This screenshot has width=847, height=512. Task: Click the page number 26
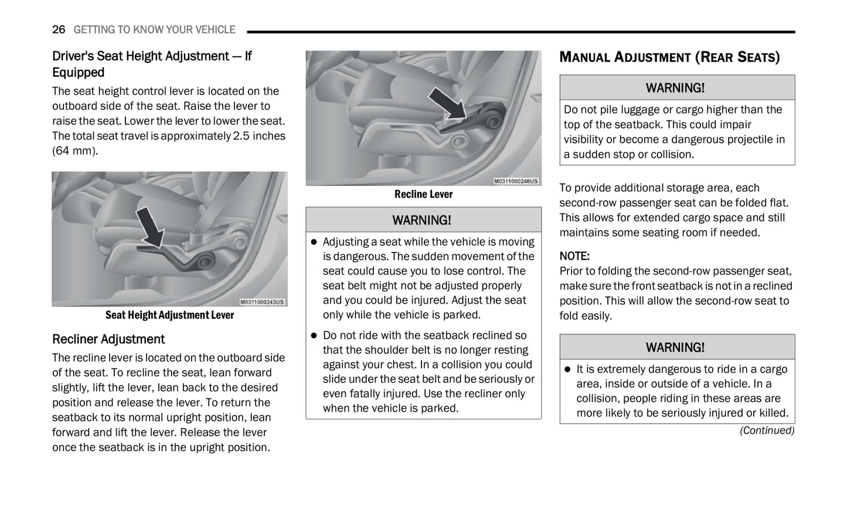click(59, 30)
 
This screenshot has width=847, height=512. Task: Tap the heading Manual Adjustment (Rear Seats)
click(669, 57)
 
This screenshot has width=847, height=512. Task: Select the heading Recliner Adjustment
click(108, 339)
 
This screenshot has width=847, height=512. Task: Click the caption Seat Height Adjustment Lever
click(169, 315)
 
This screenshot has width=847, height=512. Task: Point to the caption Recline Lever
click(423, 194)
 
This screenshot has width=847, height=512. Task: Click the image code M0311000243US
click(262, 302)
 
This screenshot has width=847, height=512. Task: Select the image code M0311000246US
click(515, 182)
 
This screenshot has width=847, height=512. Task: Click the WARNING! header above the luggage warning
click(675, 88)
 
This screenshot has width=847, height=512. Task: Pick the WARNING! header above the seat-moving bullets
click(422, 220)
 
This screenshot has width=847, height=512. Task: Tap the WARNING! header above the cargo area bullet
click(675, 347)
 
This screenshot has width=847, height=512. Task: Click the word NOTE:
click(574, 256)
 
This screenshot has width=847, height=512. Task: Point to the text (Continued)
click(767, 431)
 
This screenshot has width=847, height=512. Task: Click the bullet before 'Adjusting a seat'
click(314, 242)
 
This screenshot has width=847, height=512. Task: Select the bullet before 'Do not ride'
click(314, 336)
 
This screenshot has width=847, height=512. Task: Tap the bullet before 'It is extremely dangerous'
click(567, 370)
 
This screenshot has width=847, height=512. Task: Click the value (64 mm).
click(75, 151)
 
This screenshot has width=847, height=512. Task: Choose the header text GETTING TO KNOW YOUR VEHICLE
click(154, 30)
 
